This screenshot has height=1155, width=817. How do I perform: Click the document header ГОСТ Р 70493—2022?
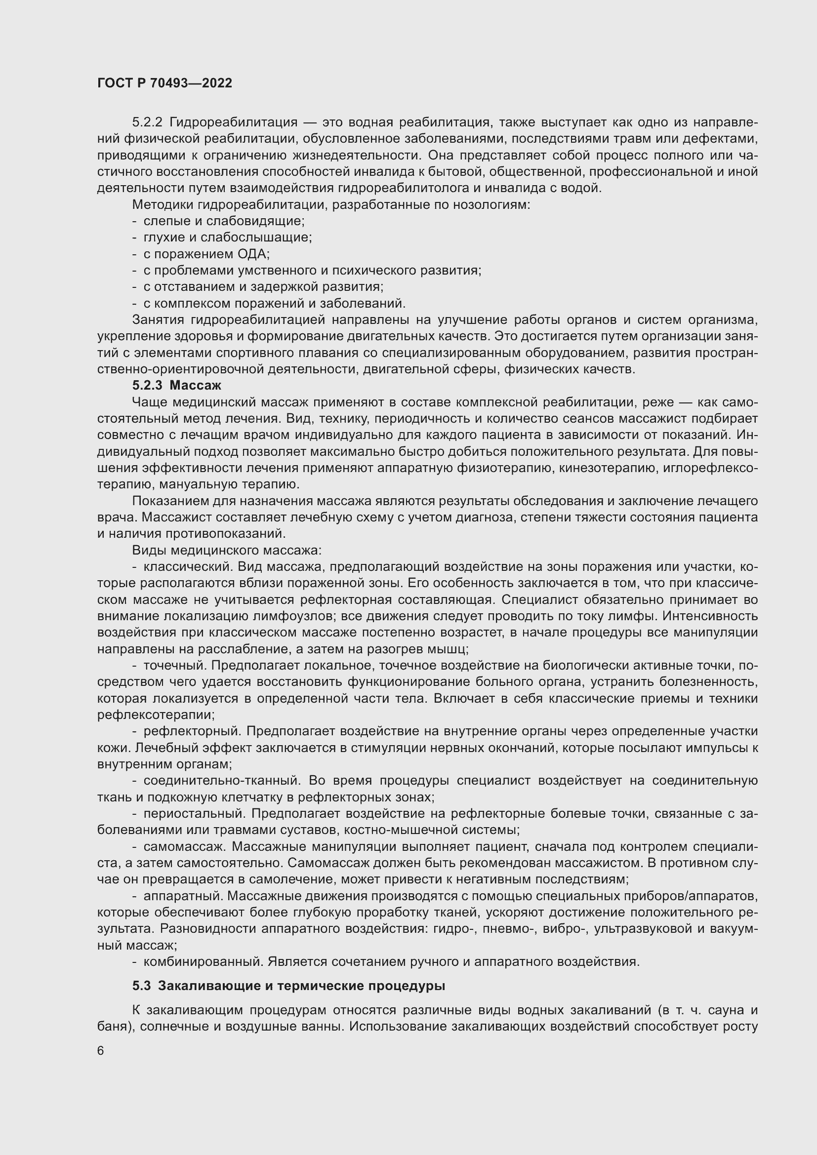pos(164,83)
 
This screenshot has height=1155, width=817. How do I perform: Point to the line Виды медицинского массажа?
pos(227,550)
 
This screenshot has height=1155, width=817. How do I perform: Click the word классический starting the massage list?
pos(187,567)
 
